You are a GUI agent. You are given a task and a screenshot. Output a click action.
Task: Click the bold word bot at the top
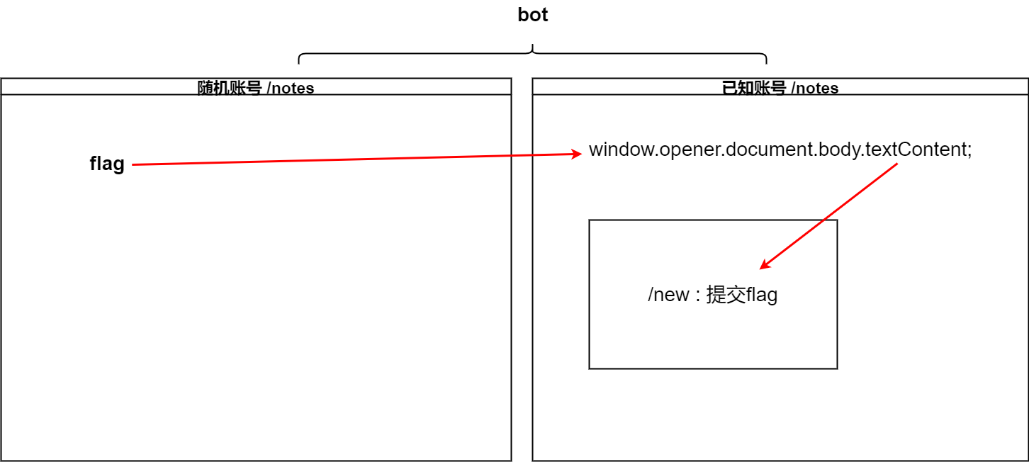click(x=533, y=15)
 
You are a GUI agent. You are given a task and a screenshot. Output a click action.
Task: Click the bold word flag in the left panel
click(x=107, y=164)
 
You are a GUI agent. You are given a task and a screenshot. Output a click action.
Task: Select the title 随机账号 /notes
click(x=256, y=88)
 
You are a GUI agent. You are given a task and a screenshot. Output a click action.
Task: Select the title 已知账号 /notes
click(x=780, y=88)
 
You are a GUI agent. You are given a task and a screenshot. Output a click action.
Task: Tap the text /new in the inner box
click(x=668, y=295)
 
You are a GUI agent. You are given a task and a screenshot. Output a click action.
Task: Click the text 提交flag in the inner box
click(x=742, y=295)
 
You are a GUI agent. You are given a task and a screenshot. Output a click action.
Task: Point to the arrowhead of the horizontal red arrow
click(x=577, y=154)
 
